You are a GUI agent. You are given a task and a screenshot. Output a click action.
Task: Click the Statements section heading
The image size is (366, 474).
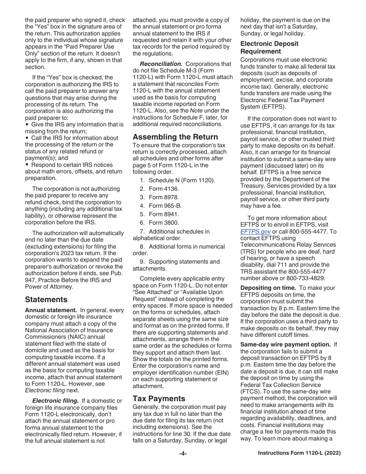(x=46, y=299)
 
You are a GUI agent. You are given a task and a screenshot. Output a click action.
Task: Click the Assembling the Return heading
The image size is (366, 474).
(x=175, y=137)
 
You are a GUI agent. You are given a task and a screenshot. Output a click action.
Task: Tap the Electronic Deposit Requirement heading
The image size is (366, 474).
(x=269, y=47)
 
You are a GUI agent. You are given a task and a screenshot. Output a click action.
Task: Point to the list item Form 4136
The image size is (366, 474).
(x=164, y=189)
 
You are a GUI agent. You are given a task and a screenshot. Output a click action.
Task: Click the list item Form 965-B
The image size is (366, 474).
(x=165, y=206)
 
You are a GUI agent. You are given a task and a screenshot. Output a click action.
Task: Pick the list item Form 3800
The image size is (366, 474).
(x=164, y=223)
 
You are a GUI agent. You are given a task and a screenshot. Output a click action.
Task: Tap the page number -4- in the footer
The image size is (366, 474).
(x=183, y=454)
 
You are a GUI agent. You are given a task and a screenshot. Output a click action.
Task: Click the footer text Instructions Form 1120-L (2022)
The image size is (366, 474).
(x=299, y=454)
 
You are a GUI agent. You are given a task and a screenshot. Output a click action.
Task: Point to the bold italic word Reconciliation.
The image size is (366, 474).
(x=161, y=64)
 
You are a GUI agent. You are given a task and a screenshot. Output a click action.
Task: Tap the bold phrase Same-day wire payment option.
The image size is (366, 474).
(x=285, y=345)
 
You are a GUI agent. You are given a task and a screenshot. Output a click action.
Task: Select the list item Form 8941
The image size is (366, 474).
(x=164, y=214)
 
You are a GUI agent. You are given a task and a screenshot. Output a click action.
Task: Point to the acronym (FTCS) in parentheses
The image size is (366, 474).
(x=251, y=392)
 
